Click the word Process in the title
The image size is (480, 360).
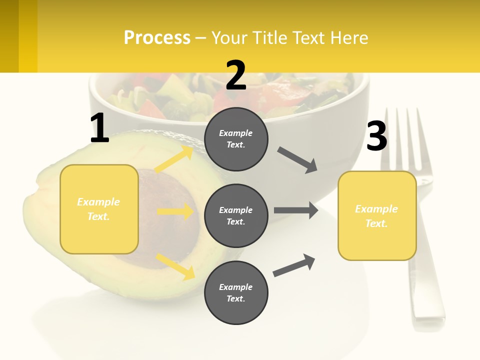(x=157, y=38)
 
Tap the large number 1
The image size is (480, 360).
(x=99, y=128)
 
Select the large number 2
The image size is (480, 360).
(x=236, y=75)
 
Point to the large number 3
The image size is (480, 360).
(x=376, y=136)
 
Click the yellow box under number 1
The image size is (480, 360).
(x=99, y=209)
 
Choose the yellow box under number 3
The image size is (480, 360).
(x=377, y=215)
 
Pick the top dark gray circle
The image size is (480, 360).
(x=236, y=139)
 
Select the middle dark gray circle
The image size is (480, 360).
(x=236, y=215)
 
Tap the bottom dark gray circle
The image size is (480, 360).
(x=236, y=292)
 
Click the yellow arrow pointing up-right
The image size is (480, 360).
(x=174, y=159)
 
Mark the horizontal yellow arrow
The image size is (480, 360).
(x=175, y=211)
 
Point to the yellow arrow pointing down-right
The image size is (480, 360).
(x=175, y=266)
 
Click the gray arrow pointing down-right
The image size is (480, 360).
(x=297, y=160)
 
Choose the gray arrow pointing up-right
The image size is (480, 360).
(x=294, y=265)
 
